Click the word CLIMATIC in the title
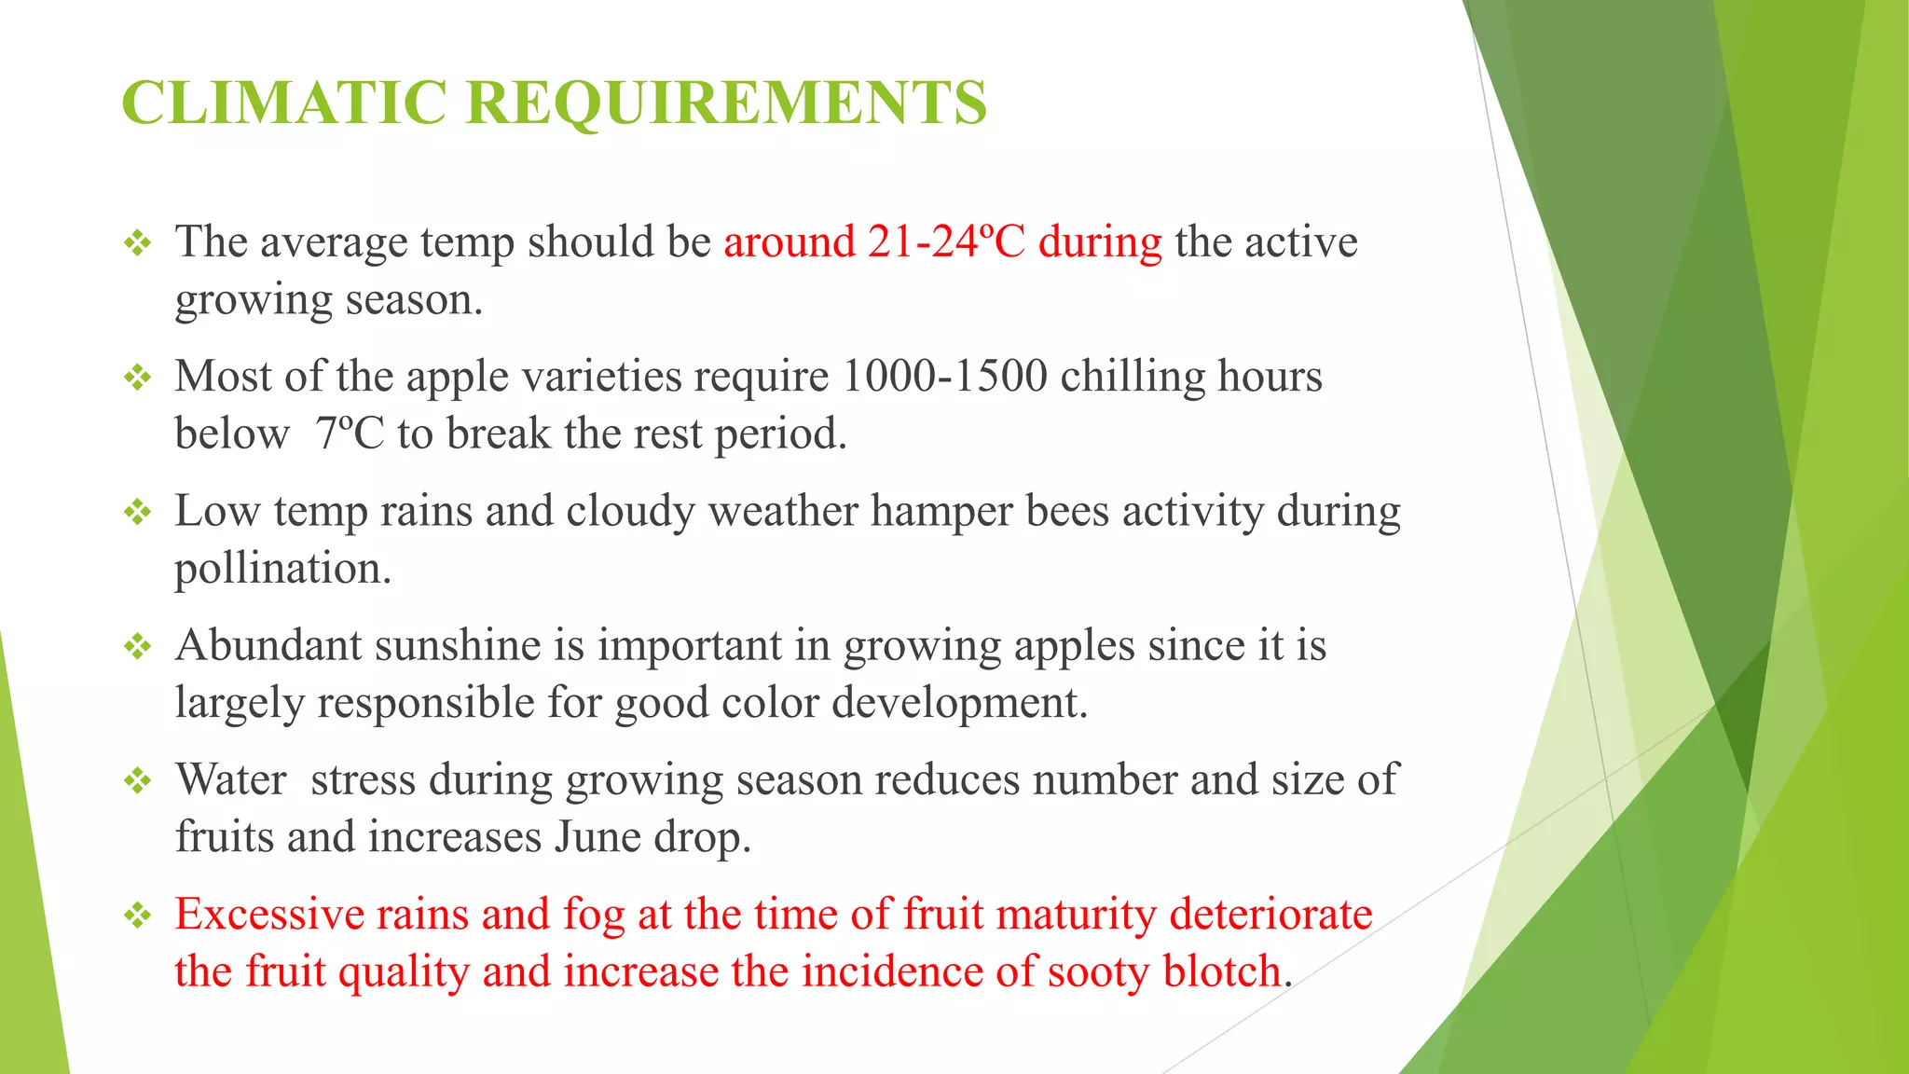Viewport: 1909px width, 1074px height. point(284,102)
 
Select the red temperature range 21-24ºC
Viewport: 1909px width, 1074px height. point(946,241)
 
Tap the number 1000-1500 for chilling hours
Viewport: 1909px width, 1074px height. point(944,376)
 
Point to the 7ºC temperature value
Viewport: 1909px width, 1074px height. point(350,434)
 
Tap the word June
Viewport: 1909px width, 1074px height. point(595,837)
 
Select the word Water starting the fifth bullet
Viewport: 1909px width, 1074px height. point(231,779)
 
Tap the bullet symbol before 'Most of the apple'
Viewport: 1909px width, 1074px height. point(138,378)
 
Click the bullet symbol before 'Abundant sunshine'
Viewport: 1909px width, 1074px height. point(138,646)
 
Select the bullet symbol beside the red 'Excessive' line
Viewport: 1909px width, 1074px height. point(138,915)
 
